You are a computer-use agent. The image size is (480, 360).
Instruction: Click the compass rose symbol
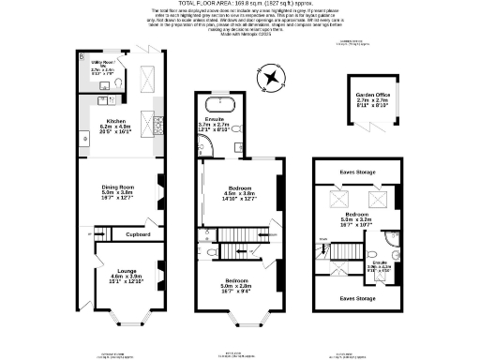click(270, 74)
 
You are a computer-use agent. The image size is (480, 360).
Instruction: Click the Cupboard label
click(138, 233)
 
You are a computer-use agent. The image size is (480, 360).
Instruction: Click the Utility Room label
click(103, 65)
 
